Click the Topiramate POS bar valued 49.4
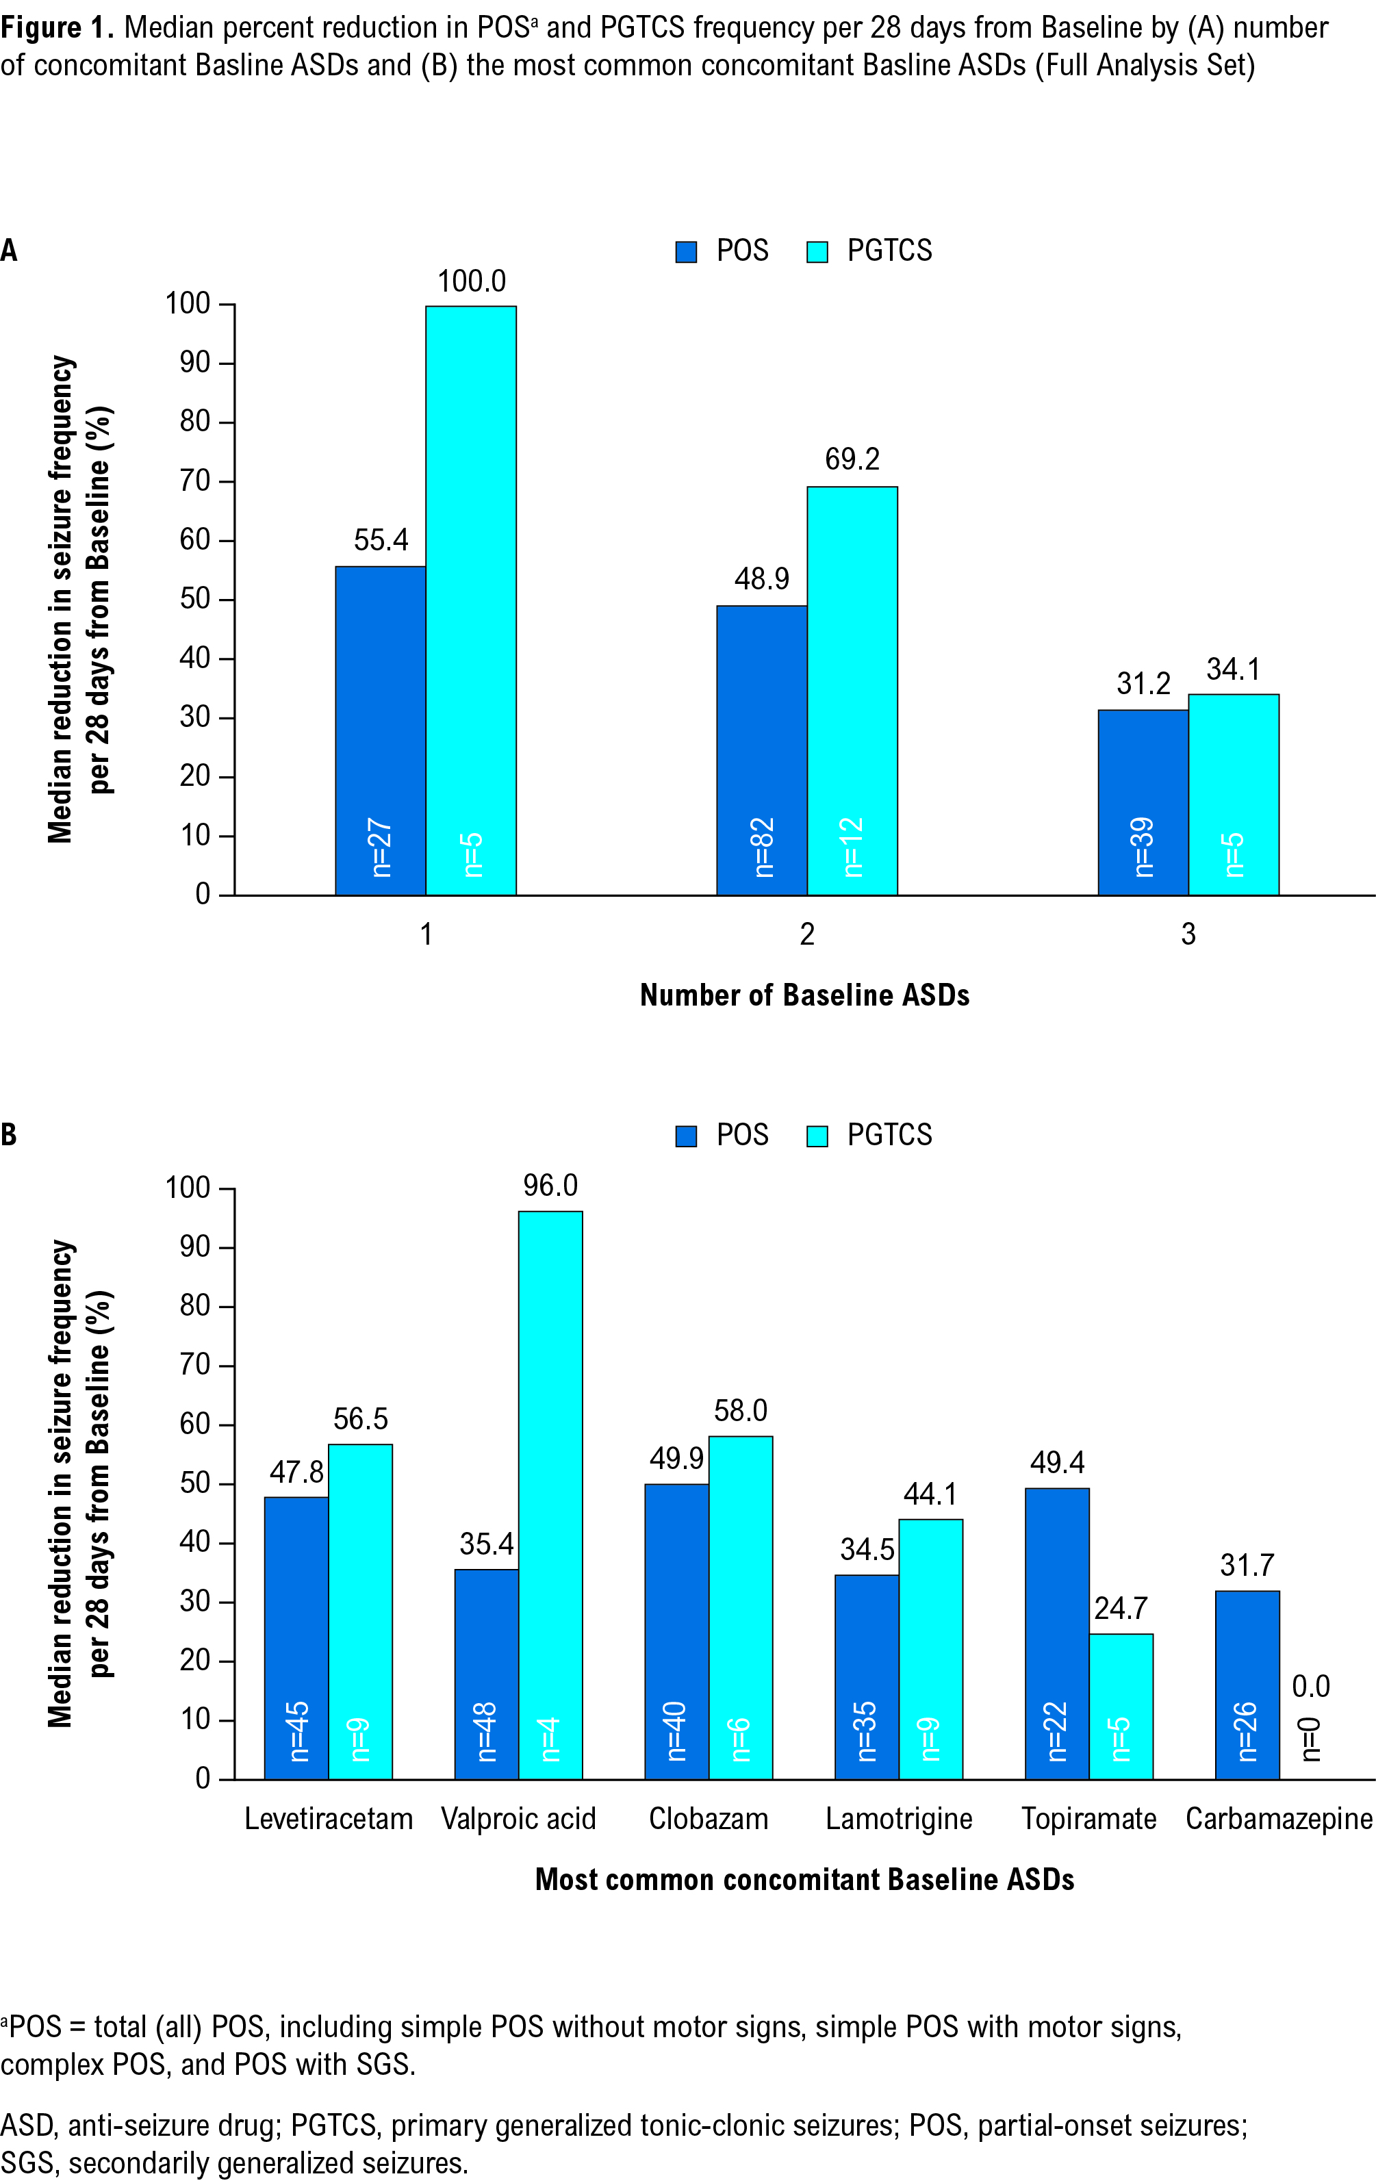[x=1057, y=1633]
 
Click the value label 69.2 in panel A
[x=852, y=459]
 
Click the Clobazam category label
[x=709, y=1819]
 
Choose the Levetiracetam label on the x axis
[x=328, y=1819]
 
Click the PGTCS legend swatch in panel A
[x=817, y=251]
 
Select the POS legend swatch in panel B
[x=686, y=1136]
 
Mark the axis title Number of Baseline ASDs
[x=804, y=995]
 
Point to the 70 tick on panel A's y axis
[x=195, y=481]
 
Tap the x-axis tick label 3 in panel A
[x=1188, y=934]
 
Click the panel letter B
[x=9, y=1135]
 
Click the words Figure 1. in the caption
[x=56, y=28]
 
